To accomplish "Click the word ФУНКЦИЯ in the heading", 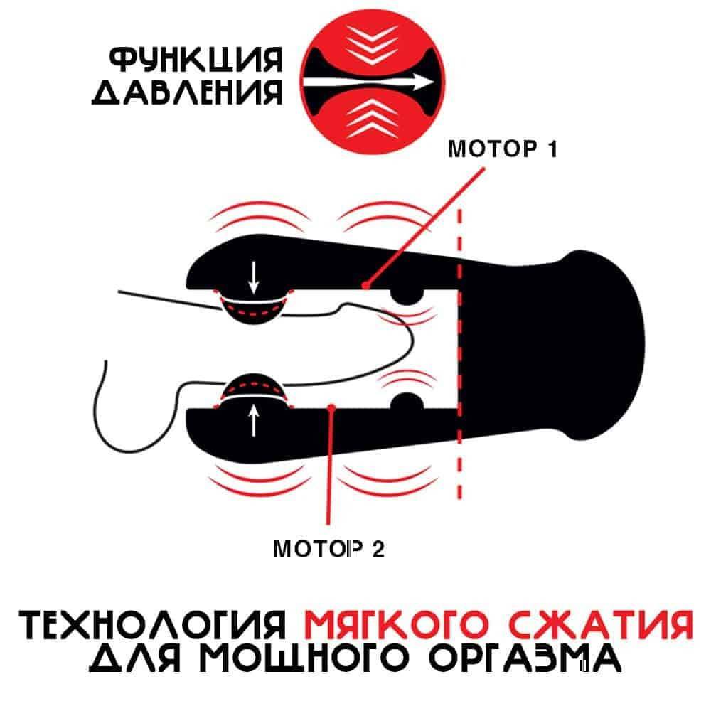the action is [x=196, y=60].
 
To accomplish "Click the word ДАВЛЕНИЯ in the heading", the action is [x=187, y=92].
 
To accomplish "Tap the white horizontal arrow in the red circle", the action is [x=368, y=82].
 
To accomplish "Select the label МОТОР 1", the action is [x=502, y=149].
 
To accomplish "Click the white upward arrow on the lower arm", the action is [x=254, y=420].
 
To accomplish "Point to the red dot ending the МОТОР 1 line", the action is [x=365, y=285].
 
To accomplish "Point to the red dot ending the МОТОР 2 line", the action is [x=331, y=407].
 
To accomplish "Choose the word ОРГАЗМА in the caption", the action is [x=524, y=658].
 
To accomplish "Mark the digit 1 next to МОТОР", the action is [x=552, y=149].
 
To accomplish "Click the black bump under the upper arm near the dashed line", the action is [x=407, y=296].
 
